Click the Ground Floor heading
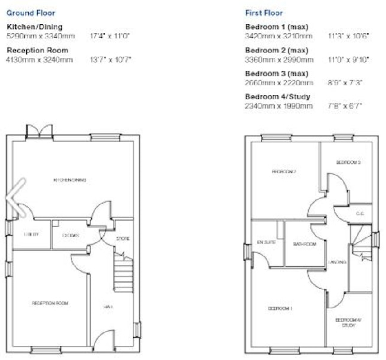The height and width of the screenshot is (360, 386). (31, 13)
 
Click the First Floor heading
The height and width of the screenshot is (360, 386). (264, 13)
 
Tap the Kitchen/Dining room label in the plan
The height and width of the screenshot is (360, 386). (70, 180)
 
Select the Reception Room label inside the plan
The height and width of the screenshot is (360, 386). (50, 303)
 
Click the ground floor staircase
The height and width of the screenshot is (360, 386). (123, 274)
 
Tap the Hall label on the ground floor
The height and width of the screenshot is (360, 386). (108, 307)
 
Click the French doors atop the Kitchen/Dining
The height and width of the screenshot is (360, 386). (39, 131)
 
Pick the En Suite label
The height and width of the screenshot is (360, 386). (267, 242)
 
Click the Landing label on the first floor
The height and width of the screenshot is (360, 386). (337, 262)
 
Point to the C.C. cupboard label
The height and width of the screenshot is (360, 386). (360, 213)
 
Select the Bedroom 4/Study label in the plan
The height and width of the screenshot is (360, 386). (351, 322)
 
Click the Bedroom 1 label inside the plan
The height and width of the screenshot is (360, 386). (280, 308)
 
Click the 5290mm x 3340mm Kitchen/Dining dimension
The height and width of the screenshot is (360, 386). (41, 36)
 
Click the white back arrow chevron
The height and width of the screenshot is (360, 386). (16, 197)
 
